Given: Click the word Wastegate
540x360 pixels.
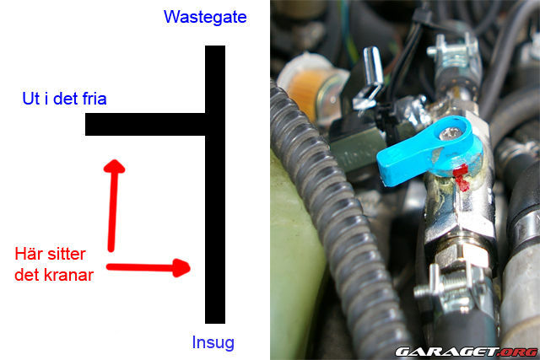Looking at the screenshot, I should click(205, 17).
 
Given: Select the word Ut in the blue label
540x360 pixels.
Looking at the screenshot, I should click(30, 99).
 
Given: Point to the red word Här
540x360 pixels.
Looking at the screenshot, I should click(30, 254).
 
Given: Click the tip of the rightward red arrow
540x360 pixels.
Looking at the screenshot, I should click(191, 267).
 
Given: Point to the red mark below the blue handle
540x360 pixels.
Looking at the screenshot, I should click(460, 177).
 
